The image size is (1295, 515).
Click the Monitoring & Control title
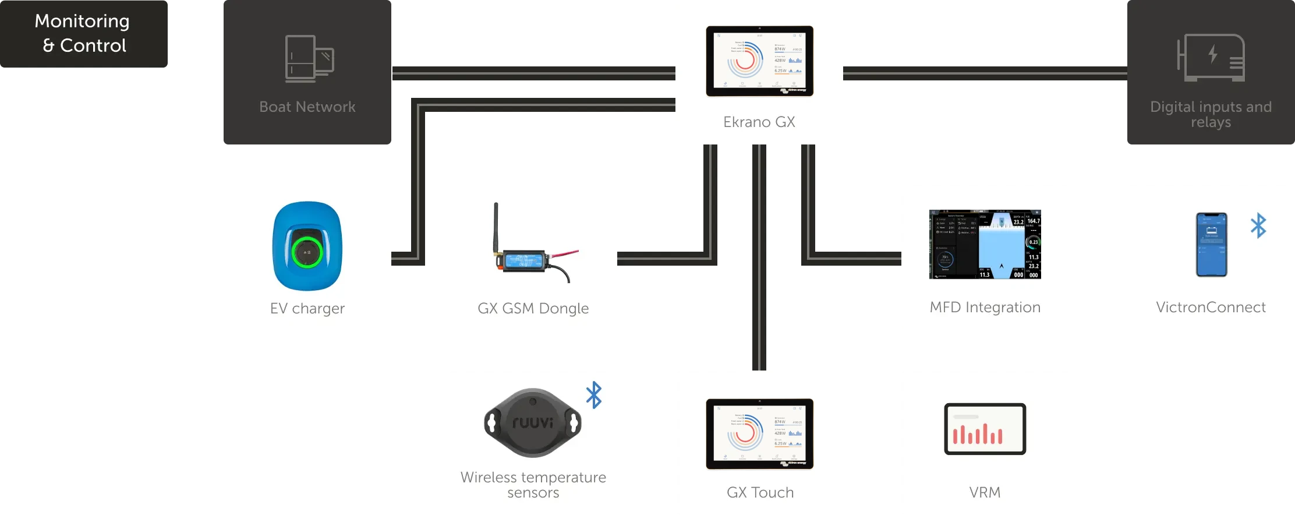click(x=83, y=33)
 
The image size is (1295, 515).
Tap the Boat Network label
click(x=307, y=107)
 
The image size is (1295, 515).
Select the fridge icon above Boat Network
click(x=309, y=58)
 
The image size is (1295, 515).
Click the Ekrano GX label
click(x=759, y=122)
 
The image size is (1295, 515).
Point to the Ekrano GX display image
click(x=759, y=61)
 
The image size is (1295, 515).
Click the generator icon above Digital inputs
click(x=1211, y=57)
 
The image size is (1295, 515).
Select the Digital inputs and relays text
click(x=1211, y=114)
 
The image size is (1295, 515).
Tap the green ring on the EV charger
click(x=307, y=252)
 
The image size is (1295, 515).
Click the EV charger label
click(x=307, y=308)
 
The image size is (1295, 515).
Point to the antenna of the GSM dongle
click(x=496, y=227)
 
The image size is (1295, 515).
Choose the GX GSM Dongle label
click(x=533, y=308)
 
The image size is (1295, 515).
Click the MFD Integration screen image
click(x=985, y=244)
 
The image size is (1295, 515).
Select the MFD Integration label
click(x=985, y=307)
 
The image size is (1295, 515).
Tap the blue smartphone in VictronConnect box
click(x=1211, y=244)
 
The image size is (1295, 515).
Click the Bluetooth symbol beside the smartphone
click(x=1258, y=225)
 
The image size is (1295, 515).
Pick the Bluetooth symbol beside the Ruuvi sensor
click(x=594, y=395)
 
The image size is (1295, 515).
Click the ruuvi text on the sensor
click(x=532, y=422)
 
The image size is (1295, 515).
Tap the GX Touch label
click(x=760, y=492)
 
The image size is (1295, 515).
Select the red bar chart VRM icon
click(x=985, y=429)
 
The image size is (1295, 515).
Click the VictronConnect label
click(x=1211, y=307)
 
